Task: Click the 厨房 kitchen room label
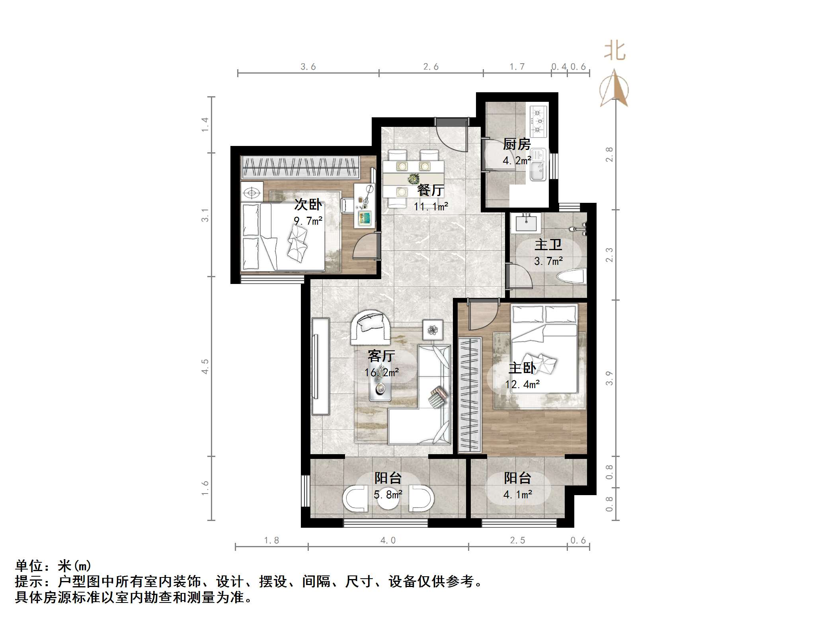517,144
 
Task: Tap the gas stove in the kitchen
539,119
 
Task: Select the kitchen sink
538,165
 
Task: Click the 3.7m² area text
548,261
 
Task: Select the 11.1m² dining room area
431,207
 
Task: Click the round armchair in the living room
371,327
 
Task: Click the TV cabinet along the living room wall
320,366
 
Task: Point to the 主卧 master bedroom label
522,368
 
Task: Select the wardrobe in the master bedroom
470,394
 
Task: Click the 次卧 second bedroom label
308,205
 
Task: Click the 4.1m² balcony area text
517,495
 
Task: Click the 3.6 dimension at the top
308,67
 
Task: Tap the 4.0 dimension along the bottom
388,540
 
